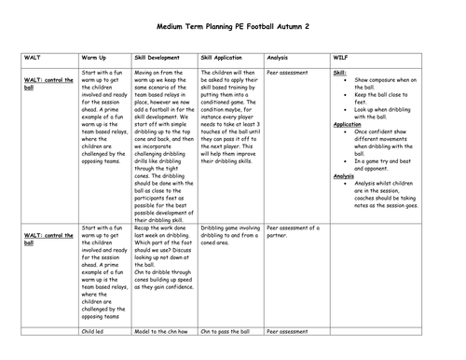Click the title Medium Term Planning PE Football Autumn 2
tap(234, 27)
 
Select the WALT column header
tap(32, 57)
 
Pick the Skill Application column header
tap(224, 57)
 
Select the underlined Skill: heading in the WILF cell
tap(340, 72)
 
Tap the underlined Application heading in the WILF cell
tap(348, 124)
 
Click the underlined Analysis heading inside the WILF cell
tap(343, 175)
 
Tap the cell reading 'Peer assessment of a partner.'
tap(293, 230)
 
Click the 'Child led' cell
tap(92, 330)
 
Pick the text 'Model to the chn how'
tap(161, 330)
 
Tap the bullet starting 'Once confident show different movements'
tap(384, 139)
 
